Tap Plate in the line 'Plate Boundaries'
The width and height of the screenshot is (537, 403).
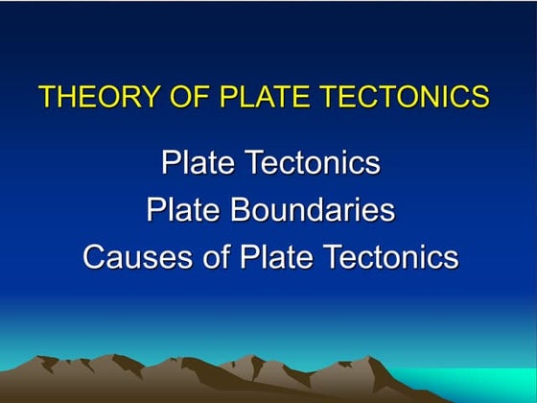click(181, 210)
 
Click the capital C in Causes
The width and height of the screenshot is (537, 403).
click(94, 257)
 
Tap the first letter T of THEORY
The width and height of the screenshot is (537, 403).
click(46, 97)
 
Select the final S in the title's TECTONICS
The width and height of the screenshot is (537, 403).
click(481, 97)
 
